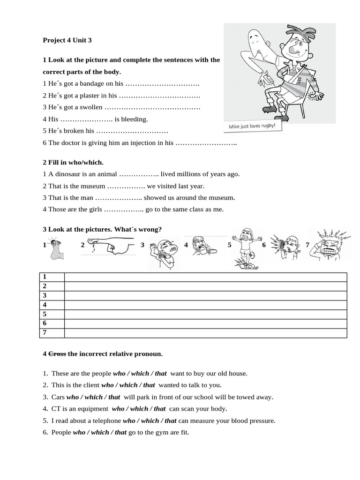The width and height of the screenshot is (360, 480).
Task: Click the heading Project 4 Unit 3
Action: [67, 40]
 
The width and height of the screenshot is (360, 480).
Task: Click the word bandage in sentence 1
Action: [90, 83]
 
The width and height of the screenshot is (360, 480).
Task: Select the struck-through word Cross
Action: [58, 353]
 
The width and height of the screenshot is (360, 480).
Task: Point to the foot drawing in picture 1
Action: [57, 248]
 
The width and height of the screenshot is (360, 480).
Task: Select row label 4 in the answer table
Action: [45, 305]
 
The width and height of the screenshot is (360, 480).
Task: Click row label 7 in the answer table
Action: [45, 333]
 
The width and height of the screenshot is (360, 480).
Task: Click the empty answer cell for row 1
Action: [205, 277]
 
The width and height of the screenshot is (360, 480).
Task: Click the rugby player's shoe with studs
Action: [269, 110]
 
